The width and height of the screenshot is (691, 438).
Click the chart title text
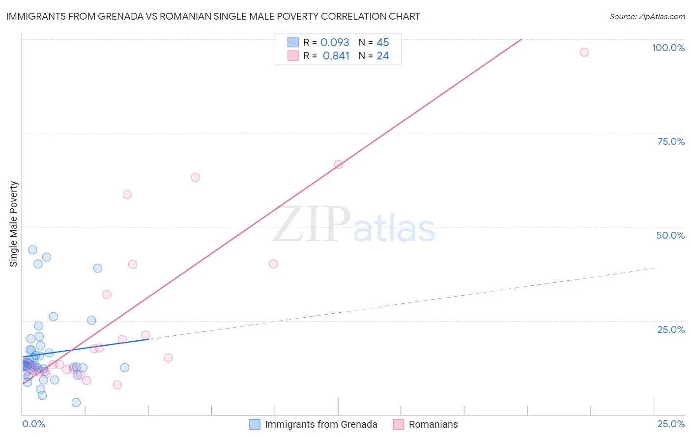click(213, 16)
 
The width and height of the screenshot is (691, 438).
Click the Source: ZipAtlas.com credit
click(647, 16)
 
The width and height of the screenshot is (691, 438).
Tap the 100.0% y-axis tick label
click(668, 48)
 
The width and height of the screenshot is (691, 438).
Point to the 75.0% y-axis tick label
click(670, 141)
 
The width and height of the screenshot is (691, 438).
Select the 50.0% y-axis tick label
click(670, 235)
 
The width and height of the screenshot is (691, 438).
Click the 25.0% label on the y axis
click(671, 329)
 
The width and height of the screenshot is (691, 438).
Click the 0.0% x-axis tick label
click(33, 424)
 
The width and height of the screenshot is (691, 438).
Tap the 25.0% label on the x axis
click(671, 424)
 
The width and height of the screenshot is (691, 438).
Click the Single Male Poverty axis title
click(14, 224)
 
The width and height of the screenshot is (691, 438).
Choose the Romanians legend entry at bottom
click(433, 424)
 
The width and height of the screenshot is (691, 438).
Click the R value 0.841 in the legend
click(336, 56)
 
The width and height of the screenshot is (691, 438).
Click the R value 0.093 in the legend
click(335, 43)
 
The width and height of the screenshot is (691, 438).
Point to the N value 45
click(383, 43)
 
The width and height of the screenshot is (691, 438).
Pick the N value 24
click(383, 56)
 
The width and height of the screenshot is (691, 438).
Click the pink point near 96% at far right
click(584, 52)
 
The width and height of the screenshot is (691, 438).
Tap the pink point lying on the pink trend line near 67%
click(338, 164)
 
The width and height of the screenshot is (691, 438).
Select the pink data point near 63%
click(195, 177)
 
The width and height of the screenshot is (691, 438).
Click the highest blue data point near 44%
click(32, 249)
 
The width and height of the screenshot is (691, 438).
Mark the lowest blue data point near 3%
click(76, 403)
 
